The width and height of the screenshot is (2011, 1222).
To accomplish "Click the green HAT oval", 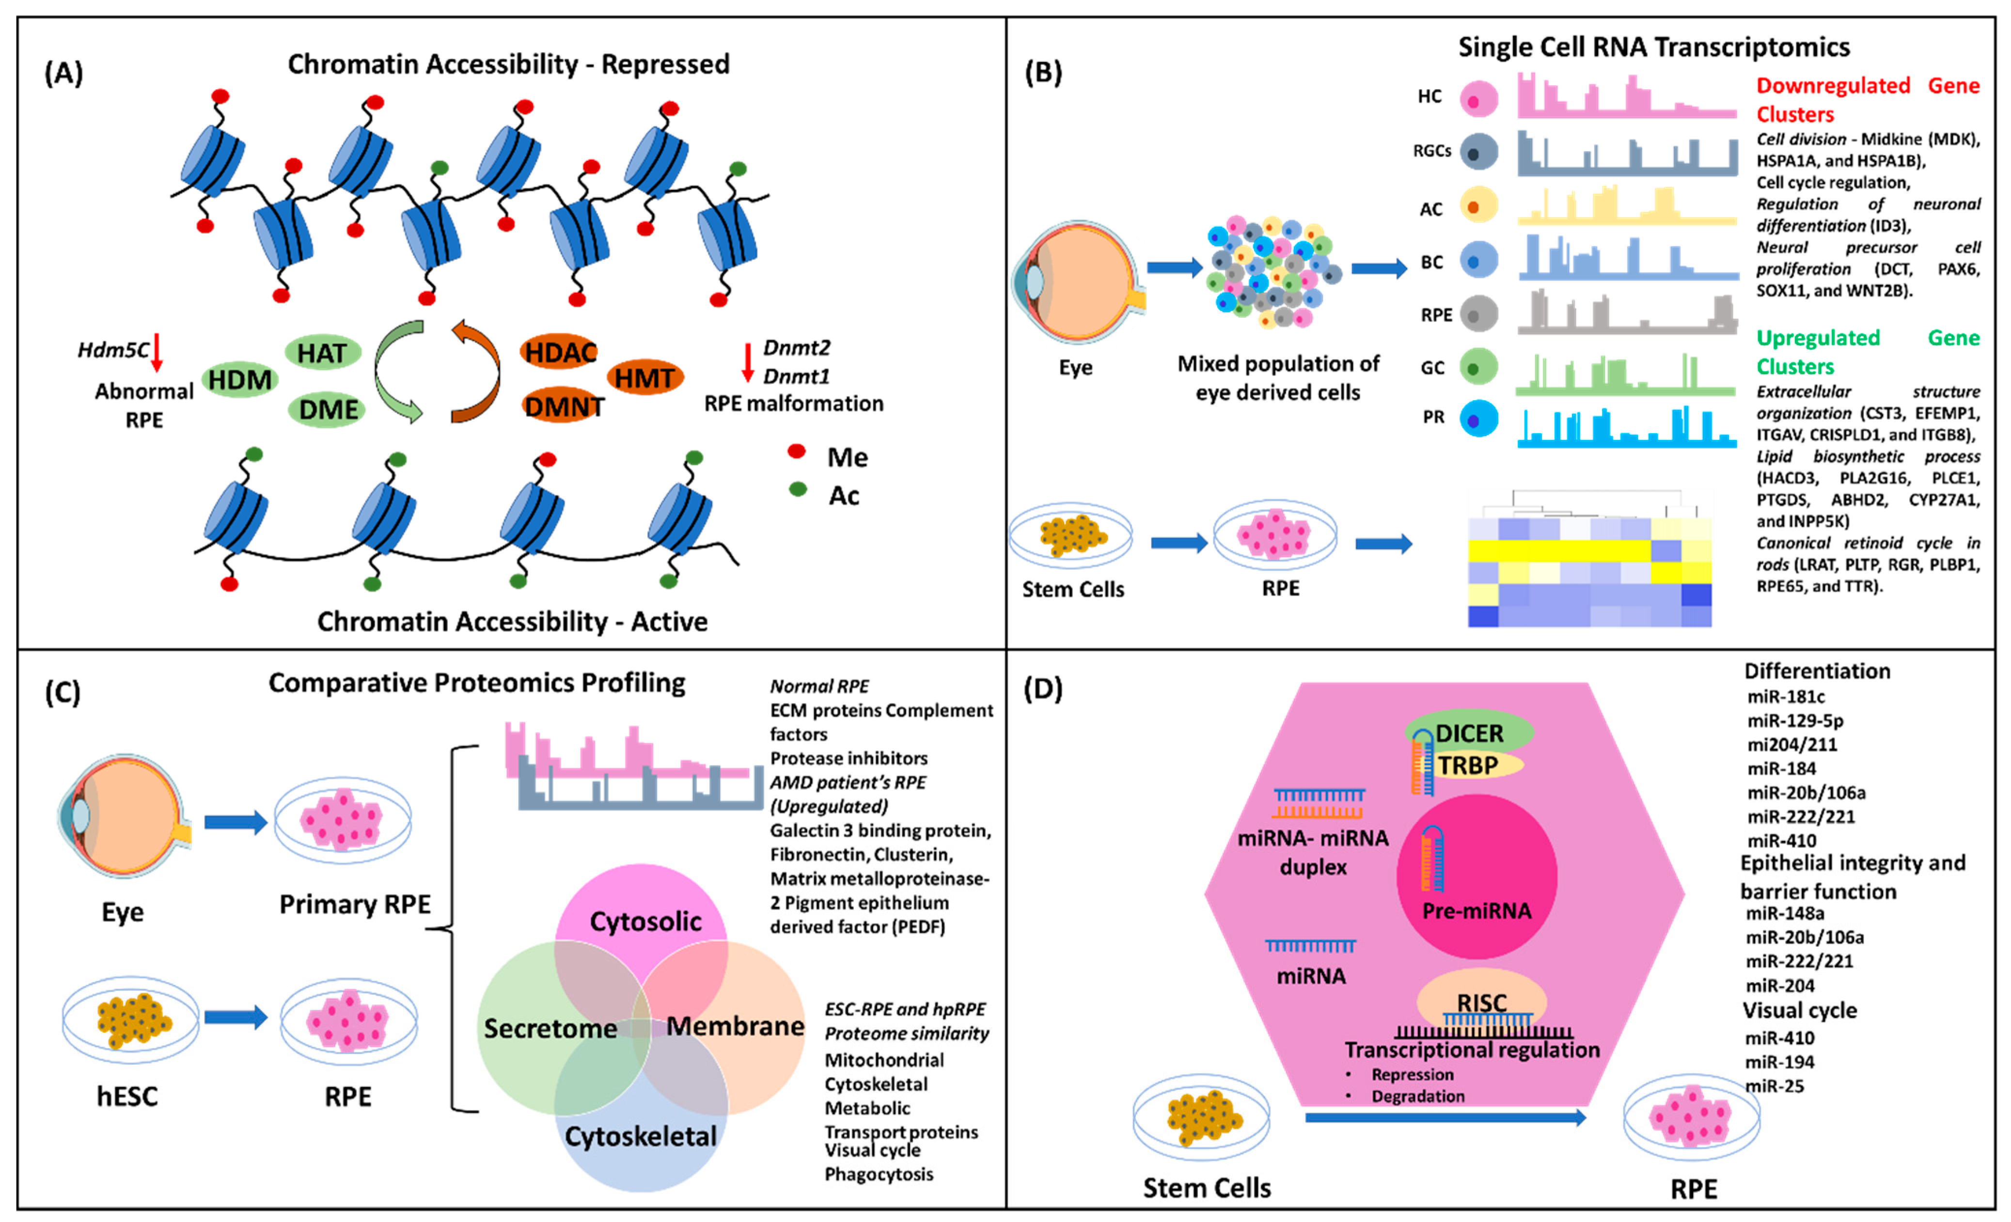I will pos(322,353).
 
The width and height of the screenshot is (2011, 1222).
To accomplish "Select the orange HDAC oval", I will pos(560,353).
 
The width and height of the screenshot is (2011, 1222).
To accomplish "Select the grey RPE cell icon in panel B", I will pos(1478,315).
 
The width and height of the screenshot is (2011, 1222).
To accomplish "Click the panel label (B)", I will pos(1043,74).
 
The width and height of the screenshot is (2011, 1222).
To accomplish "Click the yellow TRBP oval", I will pos(1469,766).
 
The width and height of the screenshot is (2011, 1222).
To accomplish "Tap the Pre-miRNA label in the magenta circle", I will pos(1477,911).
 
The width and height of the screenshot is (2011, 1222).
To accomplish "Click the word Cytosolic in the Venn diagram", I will pos(645,922).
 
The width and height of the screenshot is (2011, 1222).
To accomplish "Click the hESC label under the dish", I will pos(127,1097).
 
